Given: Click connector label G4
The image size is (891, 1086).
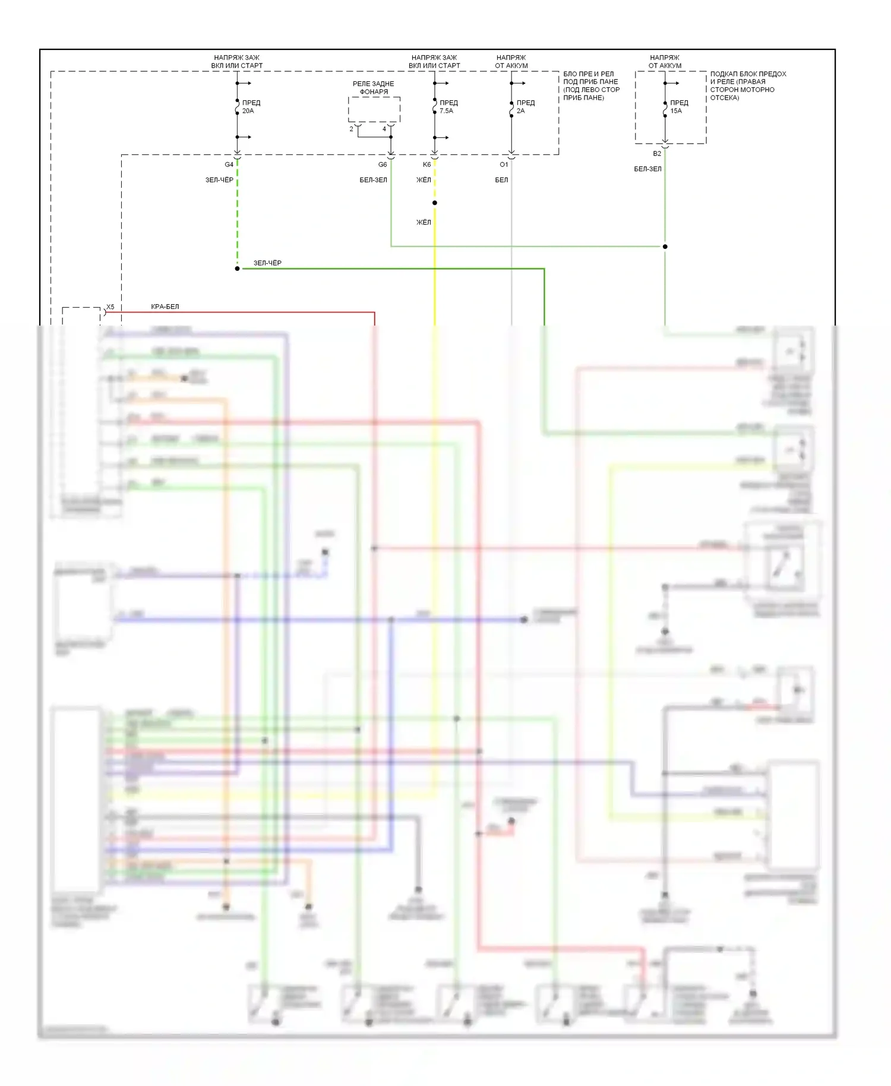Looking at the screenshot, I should click(x=229, y=165).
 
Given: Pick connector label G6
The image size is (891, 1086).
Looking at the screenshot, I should click(x=383, y=165).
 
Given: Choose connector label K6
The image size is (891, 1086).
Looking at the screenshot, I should click(x=426, y=165).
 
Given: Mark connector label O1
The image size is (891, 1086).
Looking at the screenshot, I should click(x=504, y=165).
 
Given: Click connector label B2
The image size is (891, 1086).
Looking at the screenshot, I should click(x=657, y=154).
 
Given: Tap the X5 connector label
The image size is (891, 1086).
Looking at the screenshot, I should click(x=110, y=307).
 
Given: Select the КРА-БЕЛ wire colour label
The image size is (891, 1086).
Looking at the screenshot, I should click(x=165, y=307).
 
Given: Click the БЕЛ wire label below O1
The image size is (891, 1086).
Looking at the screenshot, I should click(x=501, y=180).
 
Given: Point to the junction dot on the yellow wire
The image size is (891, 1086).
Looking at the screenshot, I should click(x=435, y=203).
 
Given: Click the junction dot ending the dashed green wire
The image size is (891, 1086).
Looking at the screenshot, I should click(x=237, y=269).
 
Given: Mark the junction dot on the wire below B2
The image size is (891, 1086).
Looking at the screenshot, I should click(x=665, y=247).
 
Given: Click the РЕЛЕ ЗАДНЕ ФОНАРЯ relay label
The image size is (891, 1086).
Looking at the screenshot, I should click(x=374, y=88).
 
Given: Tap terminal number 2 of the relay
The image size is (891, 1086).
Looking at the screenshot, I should click(x=351, y=129).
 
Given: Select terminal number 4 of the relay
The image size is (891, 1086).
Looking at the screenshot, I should click(x=384, y=129).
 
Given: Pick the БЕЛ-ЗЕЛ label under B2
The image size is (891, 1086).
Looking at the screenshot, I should click(x=647, y=169).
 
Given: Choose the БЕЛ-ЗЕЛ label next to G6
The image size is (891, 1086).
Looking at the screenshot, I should click(x=373, y=180).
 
